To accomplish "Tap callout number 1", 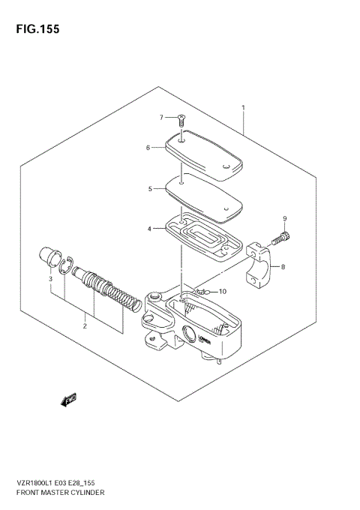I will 243,109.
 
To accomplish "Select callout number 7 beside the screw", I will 160,117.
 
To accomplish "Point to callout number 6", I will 148,148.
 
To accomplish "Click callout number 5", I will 149,189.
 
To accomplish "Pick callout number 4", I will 149,228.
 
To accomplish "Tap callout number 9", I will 284,218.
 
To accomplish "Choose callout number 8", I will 283,266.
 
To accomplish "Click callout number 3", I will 51,279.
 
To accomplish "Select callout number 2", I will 85,325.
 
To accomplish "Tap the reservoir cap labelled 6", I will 203,154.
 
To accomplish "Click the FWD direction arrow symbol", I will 70,400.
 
